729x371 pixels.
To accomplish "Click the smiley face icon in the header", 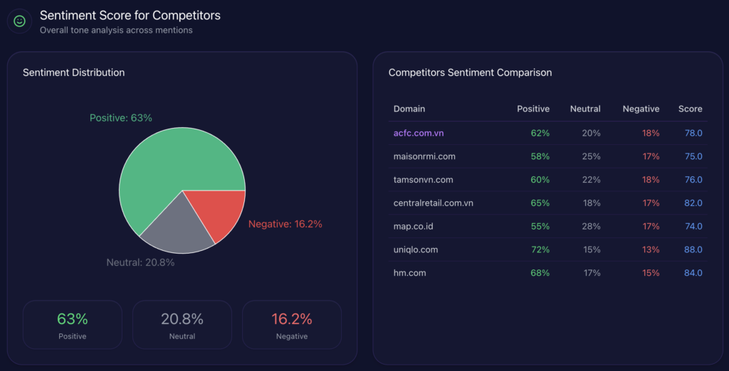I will [19, 21].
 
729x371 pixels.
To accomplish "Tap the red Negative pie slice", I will [217, 213].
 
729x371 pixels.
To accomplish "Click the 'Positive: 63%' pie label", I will [121, 118].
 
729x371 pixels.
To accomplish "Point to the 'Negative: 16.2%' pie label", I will [285, 224].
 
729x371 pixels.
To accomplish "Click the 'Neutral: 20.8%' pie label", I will [140, 262].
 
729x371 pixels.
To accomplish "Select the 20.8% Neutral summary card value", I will [182, 319].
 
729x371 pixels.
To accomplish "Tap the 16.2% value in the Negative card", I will [292, 319].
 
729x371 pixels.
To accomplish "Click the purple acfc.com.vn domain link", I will [419, 133].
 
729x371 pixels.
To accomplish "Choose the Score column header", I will [690, 109].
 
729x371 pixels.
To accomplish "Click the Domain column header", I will [409, 109].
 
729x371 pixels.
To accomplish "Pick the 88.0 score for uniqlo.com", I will [693, 249].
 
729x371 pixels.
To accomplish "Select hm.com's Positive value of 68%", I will [540, 273].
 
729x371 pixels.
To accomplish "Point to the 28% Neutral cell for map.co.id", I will [592, 226].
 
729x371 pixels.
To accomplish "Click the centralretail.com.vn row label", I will [434, 203].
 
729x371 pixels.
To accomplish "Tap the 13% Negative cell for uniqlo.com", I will [651, 249].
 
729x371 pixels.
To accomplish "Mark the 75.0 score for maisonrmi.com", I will [693, 156].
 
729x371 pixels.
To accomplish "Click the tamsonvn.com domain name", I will [424, 180].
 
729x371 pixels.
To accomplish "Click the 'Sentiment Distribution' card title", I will [73, 72].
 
